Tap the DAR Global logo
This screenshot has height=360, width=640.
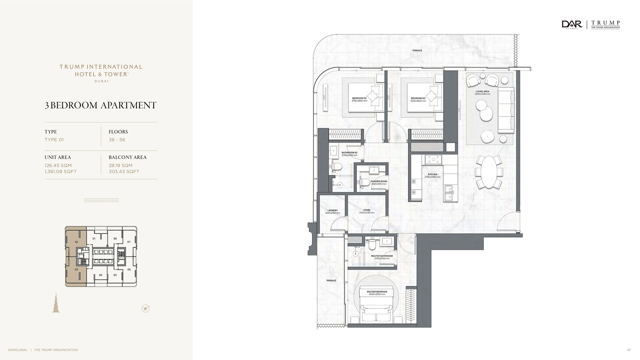click(572, 25)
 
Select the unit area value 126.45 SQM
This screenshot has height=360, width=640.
click(58, 165)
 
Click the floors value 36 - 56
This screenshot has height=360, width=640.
click(117, 140)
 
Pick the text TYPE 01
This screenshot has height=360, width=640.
click(54, 140)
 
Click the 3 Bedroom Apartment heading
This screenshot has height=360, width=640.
click(100, 105)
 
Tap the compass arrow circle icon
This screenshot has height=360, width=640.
click(145, 308)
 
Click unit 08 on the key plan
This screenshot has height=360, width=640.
click(115, 238)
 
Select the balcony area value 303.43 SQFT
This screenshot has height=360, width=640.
click(124, 172)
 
